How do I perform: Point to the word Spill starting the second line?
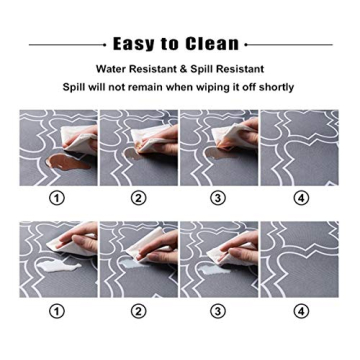click(77, 87)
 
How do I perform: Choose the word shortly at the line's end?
click(275, 87)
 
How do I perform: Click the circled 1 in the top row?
click(57, 198)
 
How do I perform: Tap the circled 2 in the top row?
click(139, 198)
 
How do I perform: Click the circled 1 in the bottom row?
click(57, 312)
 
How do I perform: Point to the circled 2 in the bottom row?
click(139, 312)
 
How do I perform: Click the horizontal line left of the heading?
click(66, 45)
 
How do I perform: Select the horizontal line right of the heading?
click(289, 45)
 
